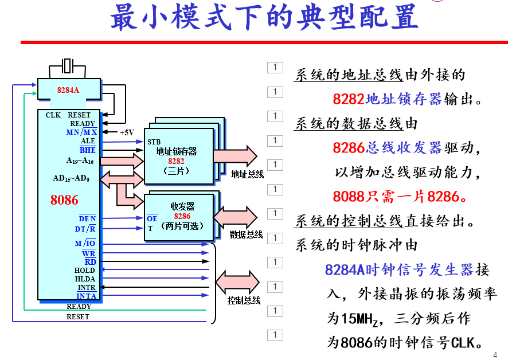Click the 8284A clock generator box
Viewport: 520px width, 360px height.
pyautogui.click(x=68, y=91)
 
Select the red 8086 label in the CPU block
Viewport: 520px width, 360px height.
pyautogui.click(x=64, y=200)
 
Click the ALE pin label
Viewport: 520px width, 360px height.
pyautogui.click(x=88, y=141)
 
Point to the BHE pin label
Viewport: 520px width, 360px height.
pyautogui.click(x=88, y=150)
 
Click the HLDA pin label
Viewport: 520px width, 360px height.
pyautogui.click(x=85, y=279)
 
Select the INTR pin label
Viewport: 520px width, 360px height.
pyautogui.click(x=86, y=288)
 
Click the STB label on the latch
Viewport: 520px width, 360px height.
pyautogui.click(x=154, y=142)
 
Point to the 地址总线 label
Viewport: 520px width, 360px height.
pyautogui.click(x=247, y=174)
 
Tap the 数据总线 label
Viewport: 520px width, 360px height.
pyautogui.click(x=246, y=234)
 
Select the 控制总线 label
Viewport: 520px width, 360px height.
pyautogui.click(x=244, y=300)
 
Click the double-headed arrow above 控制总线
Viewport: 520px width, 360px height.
pyautogui.click(x=237, y=281)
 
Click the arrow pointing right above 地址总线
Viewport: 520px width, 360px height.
pyautogui.click(x=235, y=156)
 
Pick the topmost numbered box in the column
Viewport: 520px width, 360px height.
pyautogui.click(x=275, y=68)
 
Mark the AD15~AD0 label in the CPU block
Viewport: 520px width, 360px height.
pyautogui.click(x=71, y=178)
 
